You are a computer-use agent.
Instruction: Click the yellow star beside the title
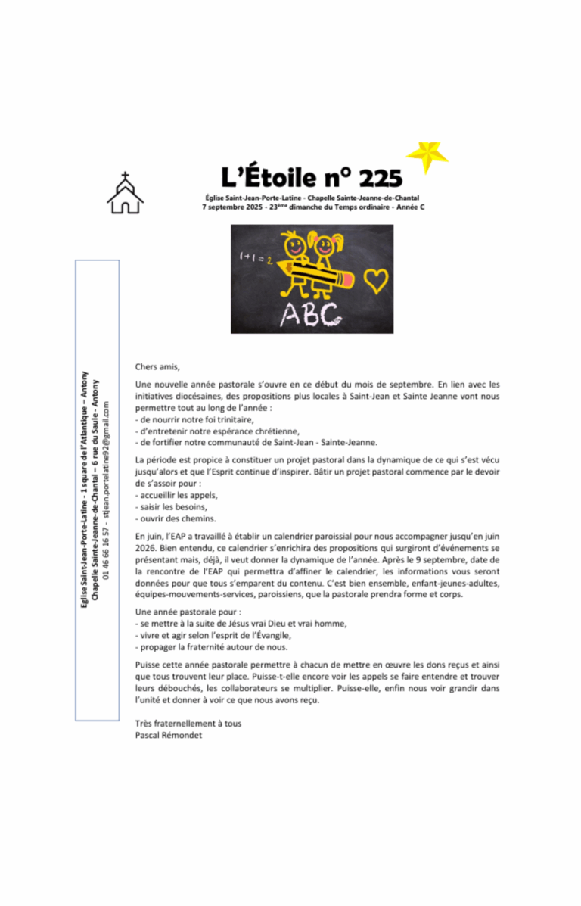click(x=427, y=155)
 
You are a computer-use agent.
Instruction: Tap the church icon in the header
click(x=125, y=193)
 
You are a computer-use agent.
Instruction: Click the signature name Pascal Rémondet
click(x=168, y=734)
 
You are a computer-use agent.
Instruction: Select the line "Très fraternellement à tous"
click(x=188, y=723)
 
